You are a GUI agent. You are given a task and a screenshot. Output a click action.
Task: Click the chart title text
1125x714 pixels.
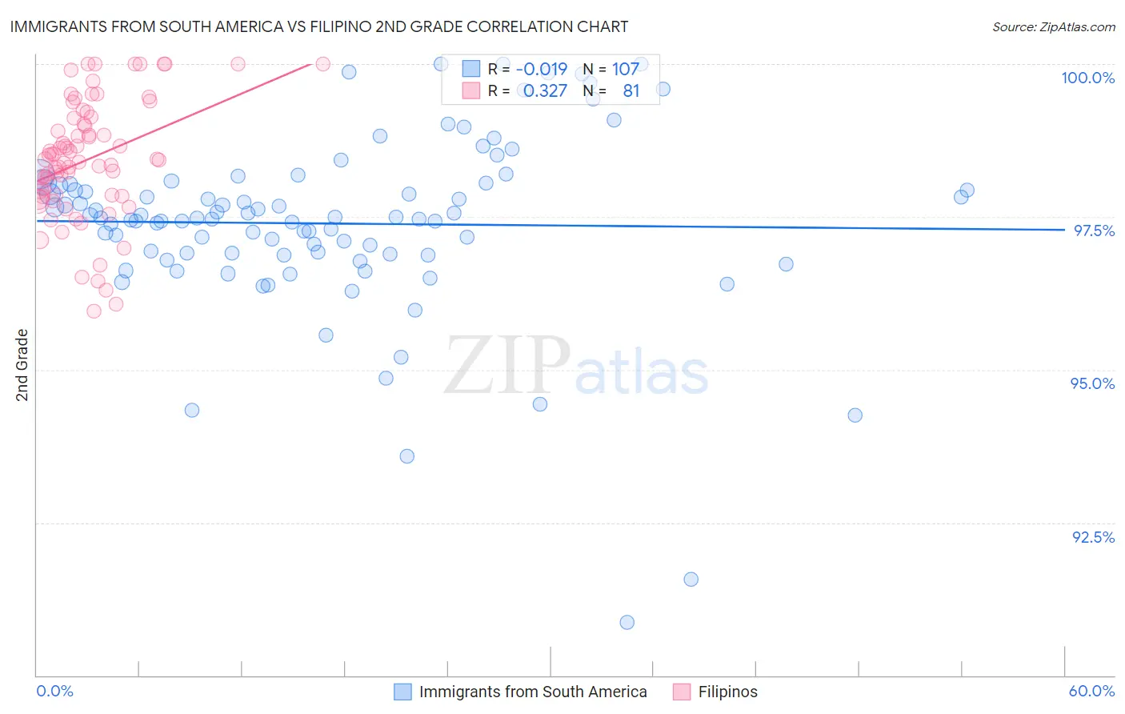(318, 26)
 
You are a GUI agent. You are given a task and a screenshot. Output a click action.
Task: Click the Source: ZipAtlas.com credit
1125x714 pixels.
(1053, 27)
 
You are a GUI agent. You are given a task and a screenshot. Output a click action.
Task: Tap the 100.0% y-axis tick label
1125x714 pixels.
(1087, 78)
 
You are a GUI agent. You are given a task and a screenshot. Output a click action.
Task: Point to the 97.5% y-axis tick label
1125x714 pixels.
(1093, 231)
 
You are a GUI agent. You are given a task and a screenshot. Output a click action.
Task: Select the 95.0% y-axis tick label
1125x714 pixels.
(1092, 383)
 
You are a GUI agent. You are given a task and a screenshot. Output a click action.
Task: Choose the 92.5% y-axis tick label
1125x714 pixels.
(1093, 537)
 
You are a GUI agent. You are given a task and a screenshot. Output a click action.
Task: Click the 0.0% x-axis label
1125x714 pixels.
(54, 691)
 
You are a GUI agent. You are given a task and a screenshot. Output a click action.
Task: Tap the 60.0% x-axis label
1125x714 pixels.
(1091, 691)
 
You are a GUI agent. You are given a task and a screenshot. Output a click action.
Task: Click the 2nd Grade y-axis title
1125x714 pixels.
(22, 365)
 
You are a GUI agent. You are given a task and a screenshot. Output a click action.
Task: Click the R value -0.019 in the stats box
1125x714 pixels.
(541, 70)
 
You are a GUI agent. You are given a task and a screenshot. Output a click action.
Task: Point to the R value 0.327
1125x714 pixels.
(545, 91)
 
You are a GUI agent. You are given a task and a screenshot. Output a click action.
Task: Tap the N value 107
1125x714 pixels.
(626, 70)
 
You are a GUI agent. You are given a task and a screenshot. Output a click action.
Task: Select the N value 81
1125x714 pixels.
(631, 91)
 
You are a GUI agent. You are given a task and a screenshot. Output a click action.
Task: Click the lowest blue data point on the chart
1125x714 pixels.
(627, 622)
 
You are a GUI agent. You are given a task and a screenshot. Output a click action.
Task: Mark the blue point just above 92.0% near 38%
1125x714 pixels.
(691, 579)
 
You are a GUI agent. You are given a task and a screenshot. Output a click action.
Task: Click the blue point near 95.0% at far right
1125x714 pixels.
(855, 415)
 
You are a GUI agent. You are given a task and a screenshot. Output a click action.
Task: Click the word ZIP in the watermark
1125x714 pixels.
(506, 366)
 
